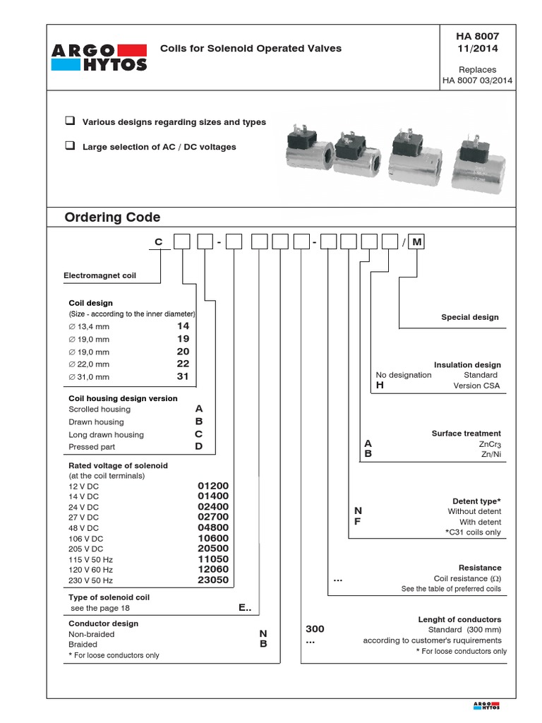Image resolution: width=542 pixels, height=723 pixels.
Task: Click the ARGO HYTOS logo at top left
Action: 100,56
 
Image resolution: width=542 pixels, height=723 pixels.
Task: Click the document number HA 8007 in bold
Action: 478,36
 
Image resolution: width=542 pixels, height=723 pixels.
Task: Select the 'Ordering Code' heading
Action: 112,217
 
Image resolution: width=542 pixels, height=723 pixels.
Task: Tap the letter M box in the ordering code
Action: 417,243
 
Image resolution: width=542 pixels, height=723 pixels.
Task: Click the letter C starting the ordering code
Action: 159,243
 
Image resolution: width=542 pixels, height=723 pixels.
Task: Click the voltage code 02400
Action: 213,507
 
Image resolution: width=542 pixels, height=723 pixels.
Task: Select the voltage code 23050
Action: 213,580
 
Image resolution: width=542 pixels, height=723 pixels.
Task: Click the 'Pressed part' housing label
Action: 92,447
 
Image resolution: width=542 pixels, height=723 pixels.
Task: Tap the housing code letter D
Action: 199,446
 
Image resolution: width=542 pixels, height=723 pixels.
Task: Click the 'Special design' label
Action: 469,317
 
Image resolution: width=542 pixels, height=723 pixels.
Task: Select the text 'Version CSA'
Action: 476,386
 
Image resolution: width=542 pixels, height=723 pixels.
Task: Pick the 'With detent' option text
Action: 480,522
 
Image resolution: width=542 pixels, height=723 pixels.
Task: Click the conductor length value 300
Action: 315,628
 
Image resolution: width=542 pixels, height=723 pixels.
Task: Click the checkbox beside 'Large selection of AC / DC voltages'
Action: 70,146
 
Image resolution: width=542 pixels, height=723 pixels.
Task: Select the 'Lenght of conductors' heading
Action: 459,619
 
